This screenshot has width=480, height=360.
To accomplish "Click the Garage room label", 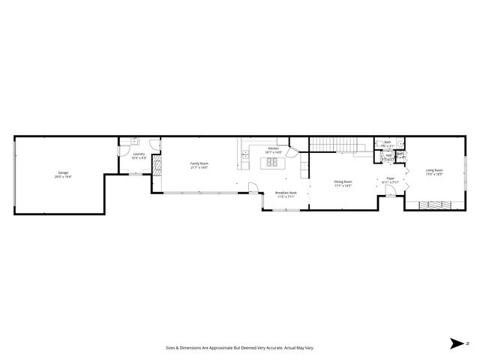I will pos(63,173).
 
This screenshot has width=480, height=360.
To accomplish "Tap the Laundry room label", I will pos(138,154).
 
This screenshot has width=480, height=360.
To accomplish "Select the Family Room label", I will pos(199,163).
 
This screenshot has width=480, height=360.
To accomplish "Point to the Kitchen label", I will pos(274,148).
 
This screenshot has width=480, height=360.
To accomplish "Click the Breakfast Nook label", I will pos(286,193).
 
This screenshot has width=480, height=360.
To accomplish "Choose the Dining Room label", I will pos(343,181).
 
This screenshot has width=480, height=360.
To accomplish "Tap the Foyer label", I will pos(390,178).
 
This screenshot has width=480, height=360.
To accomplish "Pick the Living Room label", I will pos(434,170).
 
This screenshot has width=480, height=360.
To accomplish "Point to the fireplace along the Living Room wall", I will pos(436,203).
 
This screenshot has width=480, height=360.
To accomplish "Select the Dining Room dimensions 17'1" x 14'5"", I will pos(343,185).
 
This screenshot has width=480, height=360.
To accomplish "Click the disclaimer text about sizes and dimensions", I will pos(240,347).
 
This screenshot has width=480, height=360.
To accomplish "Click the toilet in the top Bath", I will pos(400,143).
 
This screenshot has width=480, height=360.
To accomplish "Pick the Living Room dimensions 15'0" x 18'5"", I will pos(434,174).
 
